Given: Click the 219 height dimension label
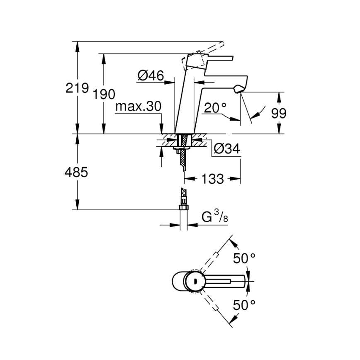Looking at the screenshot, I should pyautogui.click(x=78, y=88).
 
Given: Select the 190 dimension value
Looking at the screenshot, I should pyautogui.click(x=104, y=94).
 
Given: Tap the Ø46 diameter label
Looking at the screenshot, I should pyautogui.click(x=150, y=75).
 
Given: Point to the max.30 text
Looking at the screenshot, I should pyautogui.click(x=138, y=107).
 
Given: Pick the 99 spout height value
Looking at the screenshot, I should pyautogui.click(x=278, y=113).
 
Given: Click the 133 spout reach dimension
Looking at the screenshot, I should pyautogui.click(x=212, y=179).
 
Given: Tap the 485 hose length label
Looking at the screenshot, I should pyautogui.click(x=77, y=172).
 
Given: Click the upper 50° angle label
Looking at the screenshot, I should pyautogui.click(x=244, y=258).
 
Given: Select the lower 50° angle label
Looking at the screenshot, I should pyautogui.click(x=244, y=306).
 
